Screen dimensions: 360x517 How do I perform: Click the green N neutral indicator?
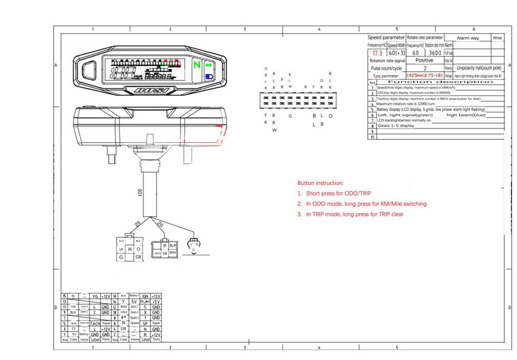197,65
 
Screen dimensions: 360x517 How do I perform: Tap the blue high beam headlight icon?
209,76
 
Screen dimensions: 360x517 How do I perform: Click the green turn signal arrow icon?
209,65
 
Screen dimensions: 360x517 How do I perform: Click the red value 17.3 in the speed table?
376,53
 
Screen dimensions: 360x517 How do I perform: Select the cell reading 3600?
434,53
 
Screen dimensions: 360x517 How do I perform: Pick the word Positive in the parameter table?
424,60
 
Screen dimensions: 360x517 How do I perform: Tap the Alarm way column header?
467,38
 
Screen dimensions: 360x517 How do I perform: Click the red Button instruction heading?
321,183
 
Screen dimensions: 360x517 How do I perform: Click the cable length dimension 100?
140,194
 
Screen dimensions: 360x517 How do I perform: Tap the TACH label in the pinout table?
95,323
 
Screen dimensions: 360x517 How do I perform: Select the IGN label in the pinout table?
145,296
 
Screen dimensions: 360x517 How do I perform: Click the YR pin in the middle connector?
164,253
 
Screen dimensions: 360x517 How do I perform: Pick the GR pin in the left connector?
138,258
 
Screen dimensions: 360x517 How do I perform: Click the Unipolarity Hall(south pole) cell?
479,68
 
